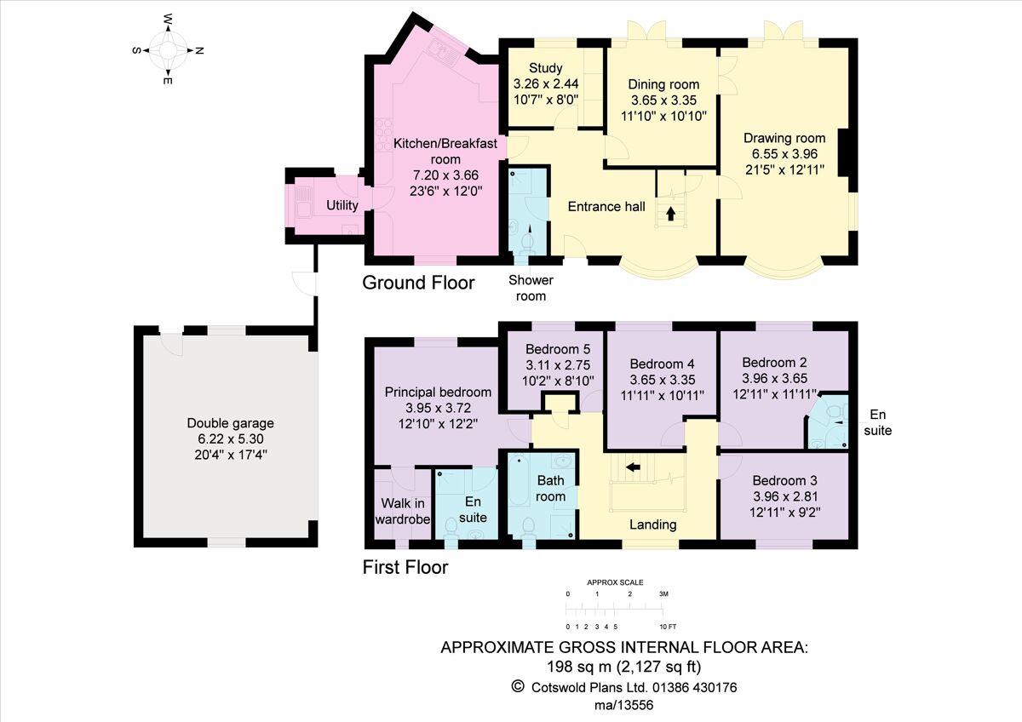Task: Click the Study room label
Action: (x=545, y=68)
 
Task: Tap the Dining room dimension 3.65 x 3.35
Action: (x=663, y=100)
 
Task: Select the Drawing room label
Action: (x=784, y=138)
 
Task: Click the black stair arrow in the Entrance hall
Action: (x=670, y=214)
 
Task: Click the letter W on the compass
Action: (x=168, y=19)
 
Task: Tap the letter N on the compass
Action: (x=199, y=50)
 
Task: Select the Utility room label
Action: (x=342, y=205)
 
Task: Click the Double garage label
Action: (x=231, y=423)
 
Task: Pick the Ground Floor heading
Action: (x=418, y=283)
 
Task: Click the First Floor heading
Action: (x=405, y=567)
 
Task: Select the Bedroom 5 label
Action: (x=558, y=349)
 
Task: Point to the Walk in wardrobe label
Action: (x=402, y=512)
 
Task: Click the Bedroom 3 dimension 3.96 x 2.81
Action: (x=785, y=496)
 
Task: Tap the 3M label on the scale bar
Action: (x=663, y=593)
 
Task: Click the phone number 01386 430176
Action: (x=694, y=687)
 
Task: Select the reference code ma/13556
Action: (x=623, y=705)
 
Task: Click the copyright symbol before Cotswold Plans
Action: (x=518, y=686)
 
